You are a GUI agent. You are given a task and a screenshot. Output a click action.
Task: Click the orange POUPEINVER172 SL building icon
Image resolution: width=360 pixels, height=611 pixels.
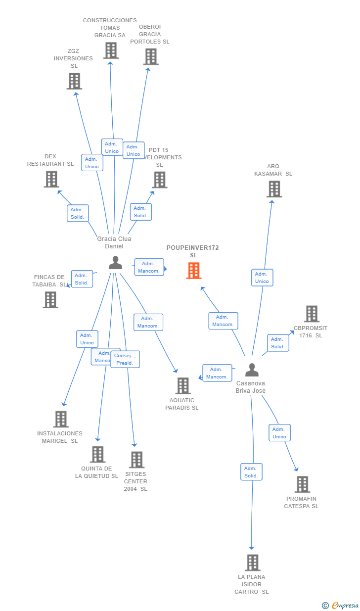pyautogui.click(x=194, y=271)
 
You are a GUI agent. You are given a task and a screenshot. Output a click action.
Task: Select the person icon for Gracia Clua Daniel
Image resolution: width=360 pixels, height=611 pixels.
pyautogui.click(x=115, y=263)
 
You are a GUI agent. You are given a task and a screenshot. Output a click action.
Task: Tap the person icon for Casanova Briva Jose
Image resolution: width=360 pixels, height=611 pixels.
pyautogui.click(x=252, y=370)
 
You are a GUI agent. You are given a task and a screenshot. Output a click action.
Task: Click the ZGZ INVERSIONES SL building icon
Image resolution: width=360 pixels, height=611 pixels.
pyautogui.click(x=74, y=81)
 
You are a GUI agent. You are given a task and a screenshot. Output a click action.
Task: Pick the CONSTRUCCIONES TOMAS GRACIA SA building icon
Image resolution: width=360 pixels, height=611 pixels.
pyautogui.click(x=111, y=50)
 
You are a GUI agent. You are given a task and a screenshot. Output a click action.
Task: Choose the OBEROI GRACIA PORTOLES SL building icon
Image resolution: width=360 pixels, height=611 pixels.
pyautogui.click(x=151, y=56)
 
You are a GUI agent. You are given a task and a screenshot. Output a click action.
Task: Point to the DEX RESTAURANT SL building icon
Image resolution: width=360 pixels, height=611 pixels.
pyautogui.click(x=51, y=179)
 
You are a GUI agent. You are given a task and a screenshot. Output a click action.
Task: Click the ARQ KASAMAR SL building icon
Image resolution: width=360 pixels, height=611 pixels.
pyautogui.click(x=274, y=189)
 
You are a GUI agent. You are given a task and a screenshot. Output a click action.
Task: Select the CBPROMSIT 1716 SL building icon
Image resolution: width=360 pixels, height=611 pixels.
pyautogui.click(x=312, y=314)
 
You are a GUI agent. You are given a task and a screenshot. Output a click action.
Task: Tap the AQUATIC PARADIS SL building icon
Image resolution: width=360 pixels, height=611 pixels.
pyautogui.click(x=183, y=386)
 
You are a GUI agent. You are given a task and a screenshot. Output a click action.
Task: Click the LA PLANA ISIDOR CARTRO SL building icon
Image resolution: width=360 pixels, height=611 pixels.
pyautogui.click(x=252, y=563)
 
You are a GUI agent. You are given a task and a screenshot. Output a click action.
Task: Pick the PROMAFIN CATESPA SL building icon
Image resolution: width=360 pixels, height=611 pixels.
pyautogui.click(x=302, y=484)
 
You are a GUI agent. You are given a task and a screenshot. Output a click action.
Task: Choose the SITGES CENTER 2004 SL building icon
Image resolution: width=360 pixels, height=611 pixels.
pyautogui.click(x=136, y=460)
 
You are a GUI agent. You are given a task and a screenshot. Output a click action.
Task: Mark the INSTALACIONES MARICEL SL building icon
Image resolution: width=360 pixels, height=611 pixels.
pyautogui.click(x=61, y=419)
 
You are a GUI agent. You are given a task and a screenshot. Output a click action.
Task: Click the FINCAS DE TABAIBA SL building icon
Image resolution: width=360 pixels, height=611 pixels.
pyautogui.click(x=50, y=300)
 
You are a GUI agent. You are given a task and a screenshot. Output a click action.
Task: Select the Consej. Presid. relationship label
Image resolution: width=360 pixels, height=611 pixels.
pyautogui.click(x=125, y=359)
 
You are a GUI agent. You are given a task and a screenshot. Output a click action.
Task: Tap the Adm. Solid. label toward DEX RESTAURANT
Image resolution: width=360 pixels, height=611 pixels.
pyautogui.click(x=78, y=213)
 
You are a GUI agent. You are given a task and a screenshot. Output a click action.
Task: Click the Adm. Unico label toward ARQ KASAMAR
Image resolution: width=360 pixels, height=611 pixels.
pyautogui.click(x=262, y=278)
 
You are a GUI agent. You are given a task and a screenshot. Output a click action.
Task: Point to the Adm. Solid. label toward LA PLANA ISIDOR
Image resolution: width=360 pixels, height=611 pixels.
pyautogui.click(x=251, y=472)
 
